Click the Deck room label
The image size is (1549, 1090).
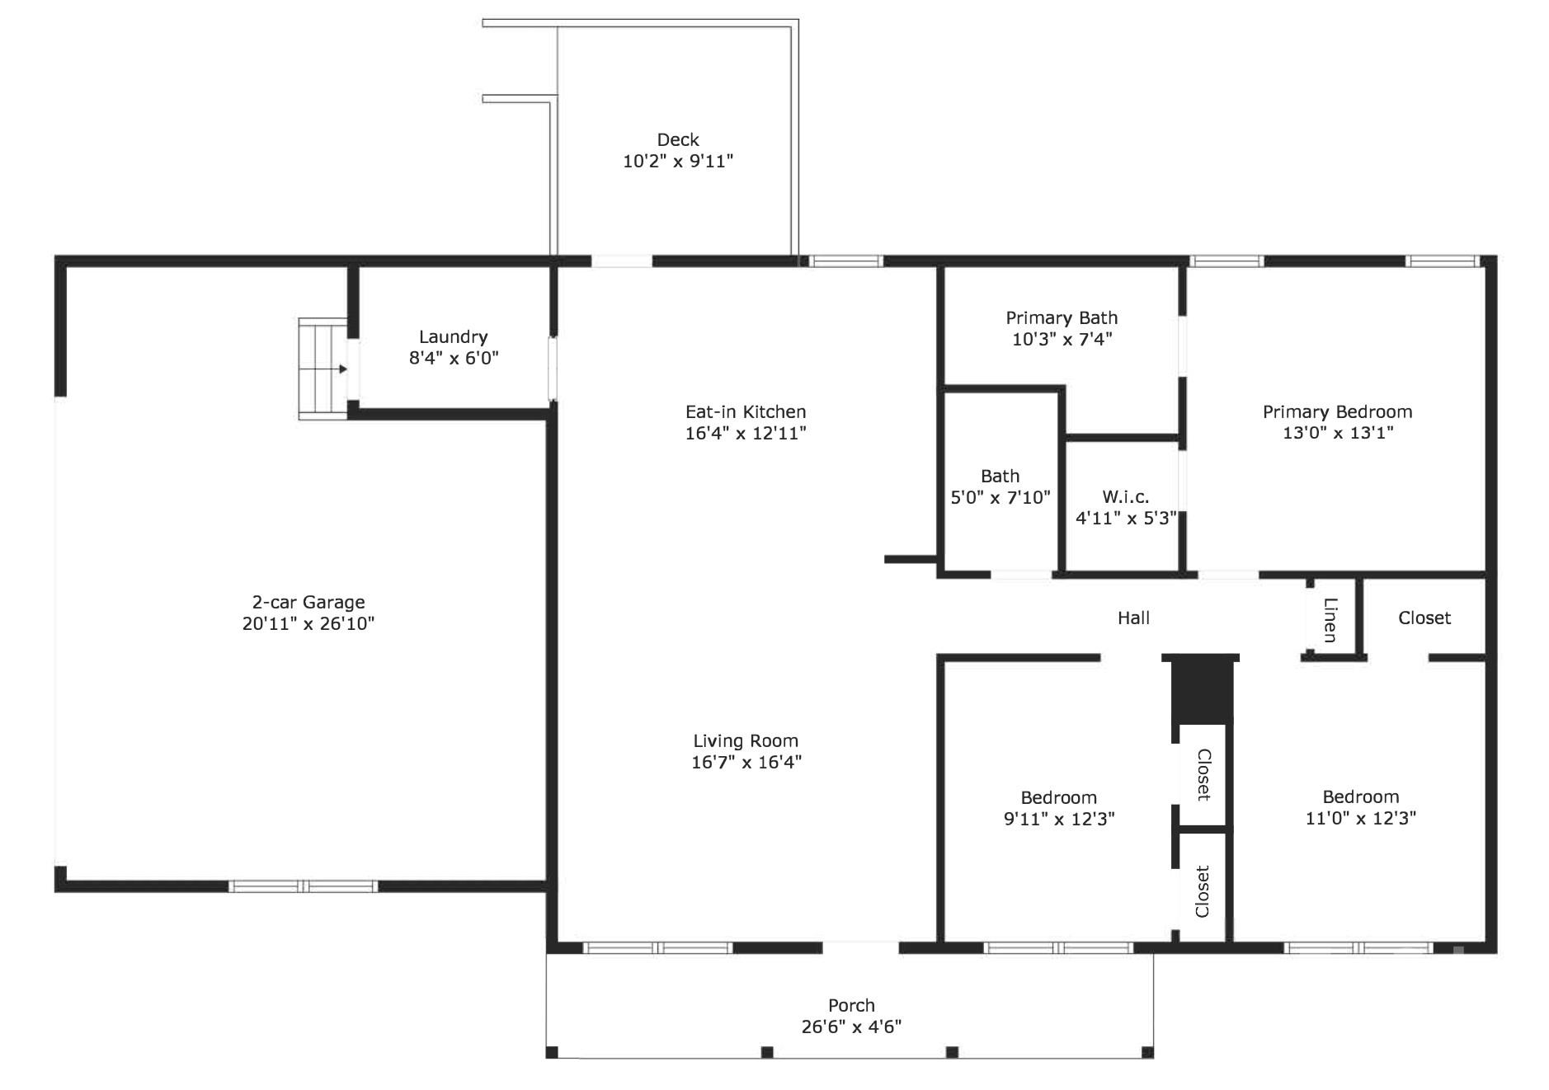[x=677, y=140]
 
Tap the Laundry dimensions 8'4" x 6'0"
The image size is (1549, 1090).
[x=454, y=358]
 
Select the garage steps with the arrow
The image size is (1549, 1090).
[x=323, y=369]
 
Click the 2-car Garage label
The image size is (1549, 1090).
[x=308, y=602]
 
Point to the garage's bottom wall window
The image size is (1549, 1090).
[x=303, y=886]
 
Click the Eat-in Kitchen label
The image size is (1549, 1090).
[x=745, y=411]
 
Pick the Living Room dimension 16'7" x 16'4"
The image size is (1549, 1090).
[x=746, y=762]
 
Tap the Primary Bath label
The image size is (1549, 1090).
[x=1062, y=317]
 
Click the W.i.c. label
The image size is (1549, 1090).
[x=1125, y=496]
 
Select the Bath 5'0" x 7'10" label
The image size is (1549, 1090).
[x=1000, y=486]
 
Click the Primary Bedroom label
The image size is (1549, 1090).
[x=1337, y=411]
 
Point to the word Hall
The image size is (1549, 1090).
[x=1133, y=618]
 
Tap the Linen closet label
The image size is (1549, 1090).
[x=1330, y=619]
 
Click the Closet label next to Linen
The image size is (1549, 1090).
[x=1424, y=618]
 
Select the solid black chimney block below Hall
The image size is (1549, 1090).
[x=1201, y=691]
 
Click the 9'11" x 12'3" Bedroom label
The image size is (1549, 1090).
[x=1058, y=808]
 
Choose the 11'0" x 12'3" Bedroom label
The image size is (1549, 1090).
[x=1360, y=807]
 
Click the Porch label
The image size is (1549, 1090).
[x=851, y=1005]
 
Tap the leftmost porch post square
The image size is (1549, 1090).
[x=552, y=1052]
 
